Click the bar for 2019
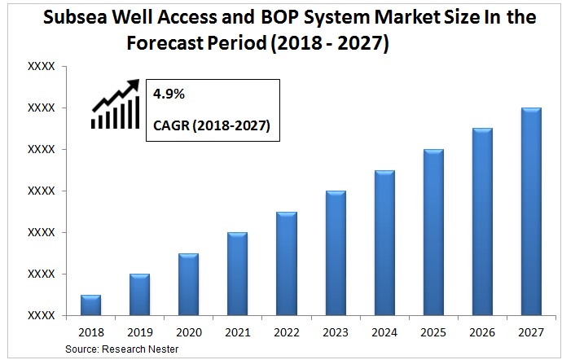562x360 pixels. [139, 295]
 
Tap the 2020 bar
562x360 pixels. [188, 284]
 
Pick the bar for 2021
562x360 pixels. [237, 274]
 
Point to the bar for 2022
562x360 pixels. [286, 263]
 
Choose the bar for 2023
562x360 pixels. [336, 252]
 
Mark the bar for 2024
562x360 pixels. [384, 243]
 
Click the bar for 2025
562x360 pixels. [433, 232]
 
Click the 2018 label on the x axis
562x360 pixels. [90, 331]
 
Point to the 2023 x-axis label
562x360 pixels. [336, 331]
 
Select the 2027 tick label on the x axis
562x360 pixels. [531, 331]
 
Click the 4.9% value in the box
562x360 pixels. [169, 95]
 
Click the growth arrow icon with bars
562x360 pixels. [115, 104]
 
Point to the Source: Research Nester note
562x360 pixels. [121, 349]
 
